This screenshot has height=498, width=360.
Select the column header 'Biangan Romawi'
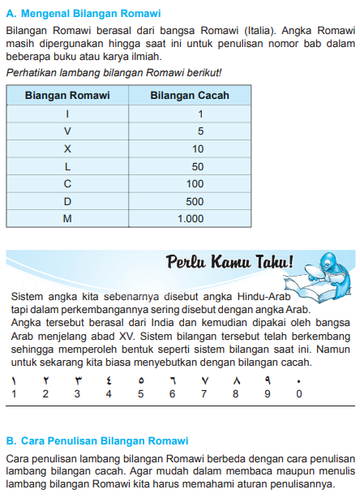[67, 95]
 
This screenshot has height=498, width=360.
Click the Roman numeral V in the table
[67, 131]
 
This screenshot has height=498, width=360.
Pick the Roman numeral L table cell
[67, 166]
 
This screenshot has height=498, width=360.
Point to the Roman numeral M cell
[67, 219]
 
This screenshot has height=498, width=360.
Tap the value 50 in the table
[198, 166]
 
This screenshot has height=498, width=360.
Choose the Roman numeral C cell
[67, 184]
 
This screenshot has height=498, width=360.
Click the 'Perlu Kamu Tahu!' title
[229, 262]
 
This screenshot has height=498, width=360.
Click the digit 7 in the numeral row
[204, 393]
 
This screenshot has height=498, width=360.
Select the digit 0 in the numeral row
[299, 393]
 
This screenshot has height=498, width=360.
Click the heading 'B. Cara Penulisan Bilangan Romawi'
[97, 441]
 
